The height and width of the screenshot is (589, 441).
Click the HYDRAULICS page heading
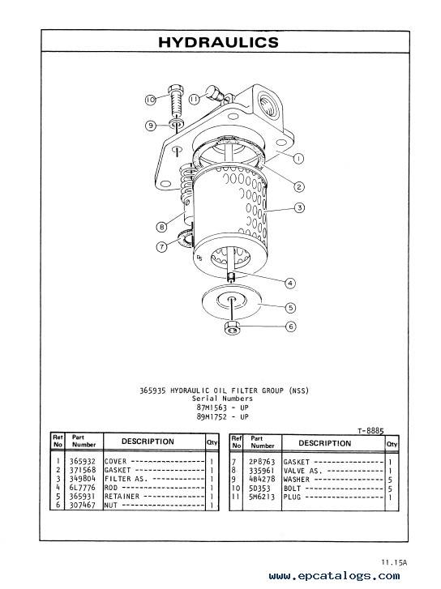click(218, 42)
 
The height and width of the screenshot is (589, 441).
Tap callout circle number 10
click(151, 100)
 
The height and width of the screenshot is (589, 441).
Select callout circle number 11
click(194, 99)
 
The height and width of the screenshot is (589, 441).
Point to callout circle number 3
click(299, 207)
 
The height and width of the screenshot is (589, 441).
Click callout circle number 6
click(290, 327)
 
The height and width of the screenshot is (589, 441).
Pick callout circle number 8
click(161, 227)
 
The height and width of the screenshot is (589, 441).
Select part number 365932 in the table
click(83, 461)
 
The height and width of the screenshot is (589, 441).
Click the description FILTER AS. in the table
click(126, 479)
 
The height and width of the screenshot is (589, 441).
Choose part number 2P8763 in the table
click(262, 462)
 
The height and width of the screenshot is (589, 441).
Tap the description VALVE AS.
click(302, 471)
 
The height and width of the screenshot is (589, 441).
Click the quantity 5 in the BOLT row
click(390, 489)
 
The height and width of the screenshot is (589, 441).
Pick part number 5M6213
click(262, 497)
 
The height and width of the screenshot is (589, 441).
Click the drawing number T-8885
click(370, 430)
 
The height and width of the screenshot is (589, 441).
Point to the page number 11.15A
click(394, 562)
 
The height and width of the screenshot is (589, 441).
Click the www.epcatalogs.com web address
click(335, 576)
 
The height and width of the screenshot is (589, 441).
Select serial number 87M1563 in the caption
click(212, 408)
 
